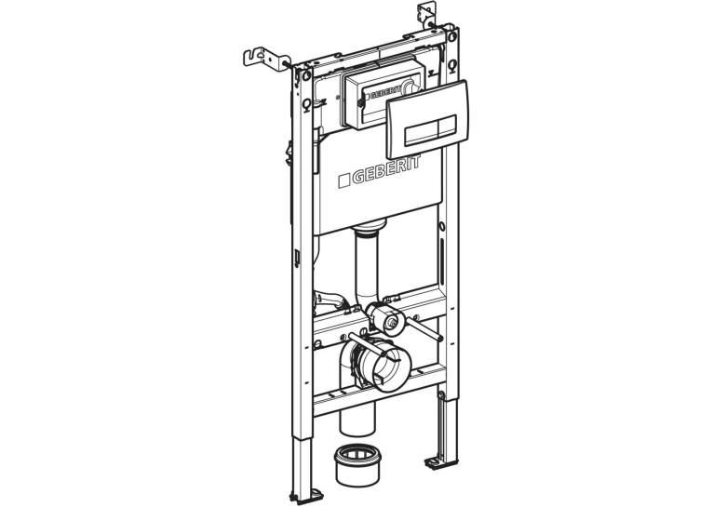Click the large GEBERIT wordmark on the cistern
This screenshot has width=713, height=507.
point(380,171)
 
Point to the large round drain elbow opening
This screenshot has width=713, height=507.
point(384,365)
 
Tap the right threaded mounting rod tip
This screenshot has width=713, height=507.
point(439,338)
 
